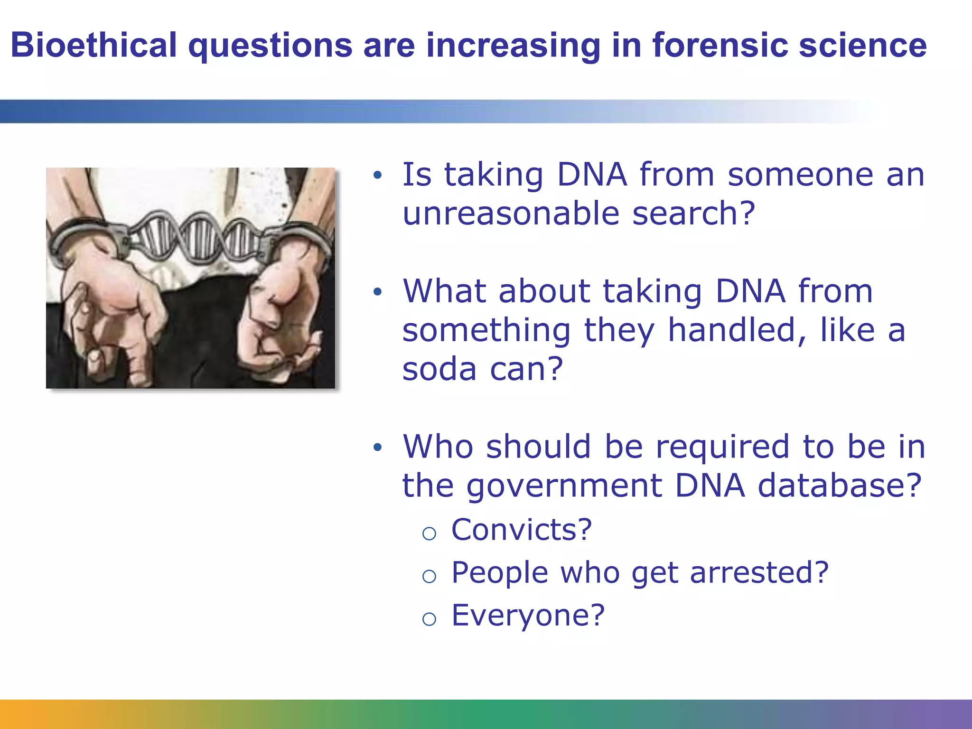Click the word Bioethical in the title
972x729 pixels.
(93, 46)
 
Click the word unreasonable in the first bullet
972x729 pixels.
(511, 213)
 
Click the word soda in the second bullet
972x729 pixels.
(439, 369)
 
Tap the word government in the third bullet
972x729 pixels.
(564, 486)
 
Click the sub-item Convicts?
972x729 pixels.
(521, 530)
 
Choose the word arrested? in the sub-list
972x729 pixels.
(759, 572)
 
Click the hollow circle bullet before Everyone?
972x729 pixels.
(429, 619)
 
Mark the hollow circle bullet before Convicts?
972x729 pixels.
(429, 533)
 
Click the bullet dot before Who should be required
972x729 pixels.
(377, 447)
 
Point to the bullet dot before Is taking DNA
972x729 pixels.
(377, 175)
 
